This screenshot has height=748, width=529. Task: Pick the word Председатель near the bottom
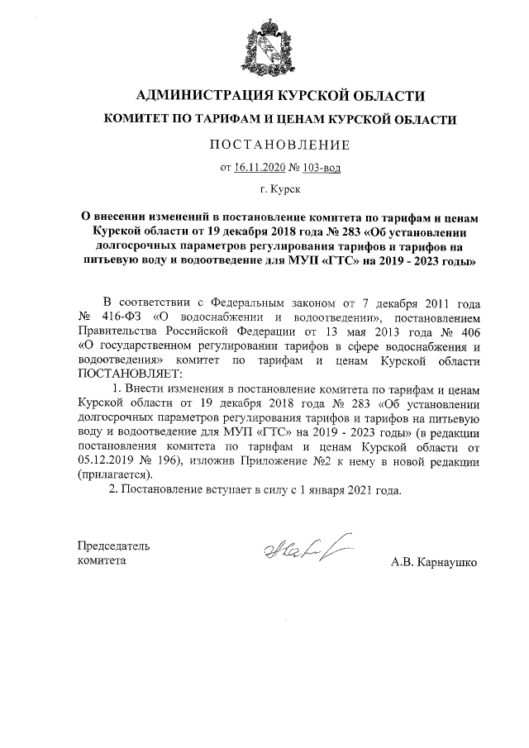click(x=113, y=546)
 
